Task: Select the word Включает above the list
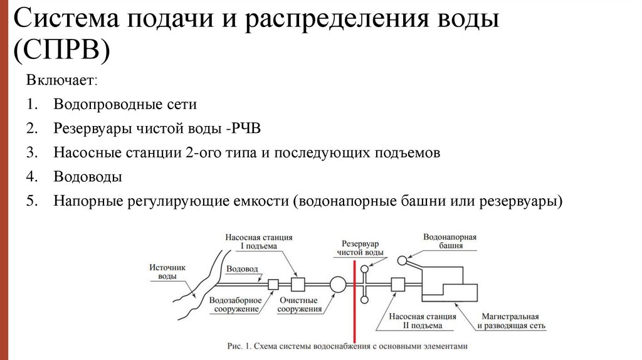click(62, 81)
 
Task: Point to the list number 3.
click(32, 153)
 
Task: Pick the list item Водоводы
click(87, 177)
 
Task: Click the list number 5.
click(32, 201)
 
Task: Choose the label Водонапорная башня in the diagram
click(450, 242)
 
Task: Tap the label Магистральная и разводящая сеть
click(511, 321)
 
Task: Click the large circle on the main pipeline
click(337, 285)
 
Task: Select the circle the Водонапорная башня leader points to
click(401, 258)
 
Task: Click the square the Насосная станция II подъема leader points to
click(397, 285)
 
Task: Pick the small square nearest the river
click(273, 285)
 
